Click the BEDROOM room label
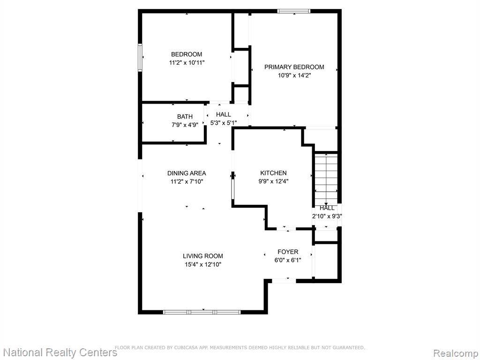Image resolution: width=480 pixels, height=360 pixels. click(187, 54)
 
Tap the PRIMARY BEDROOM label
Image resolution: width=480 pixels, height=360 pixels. click(294, 67)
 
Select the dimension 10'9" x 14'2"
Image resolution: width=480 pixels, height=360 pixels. click(294, 75)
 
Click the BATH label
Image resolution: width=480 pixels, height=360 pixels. click(185, 117)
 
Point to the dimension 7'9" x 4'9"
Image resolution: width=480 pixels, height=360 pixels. click(185, 125)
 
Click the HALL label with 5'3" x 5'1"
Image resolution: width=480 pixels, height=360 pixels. click(224, 114)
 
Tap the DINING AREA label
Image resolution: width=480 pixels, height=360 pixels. click(187, 173)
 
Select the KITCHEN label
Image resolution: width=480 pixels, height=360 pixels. click(273, 173)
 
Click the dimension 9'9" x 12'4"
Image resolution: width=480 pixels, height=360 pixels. click(273, 181)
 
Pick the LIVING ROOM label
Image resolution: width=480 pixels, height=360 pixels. click(203, 256)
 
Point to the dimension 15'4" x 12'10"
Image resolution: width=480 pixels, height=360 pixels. click(203, 264)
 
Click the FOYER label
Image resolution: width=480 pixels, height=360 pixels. click(288, 252)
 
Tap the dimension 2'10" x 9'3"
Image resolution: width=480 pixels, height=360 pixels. click(327, 216)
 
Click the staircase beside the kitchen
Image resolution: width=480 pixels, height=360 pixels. click(326, 178)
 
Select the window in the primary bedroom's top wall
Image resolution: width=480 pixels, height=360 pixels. click(294, 11)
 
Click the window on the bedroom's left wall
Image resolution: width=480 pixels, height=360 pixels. click(140, 58)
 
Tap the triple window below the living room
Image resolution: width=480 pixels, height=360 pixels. click(202, 312)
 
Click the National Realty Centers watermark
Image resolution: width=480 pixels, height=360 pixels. click(60, 352)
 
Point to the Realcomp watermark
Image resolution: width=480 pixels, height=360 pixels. click(455, 353)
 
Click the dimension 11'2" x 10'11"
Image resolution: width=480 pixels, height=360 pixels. click(187, 63)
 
